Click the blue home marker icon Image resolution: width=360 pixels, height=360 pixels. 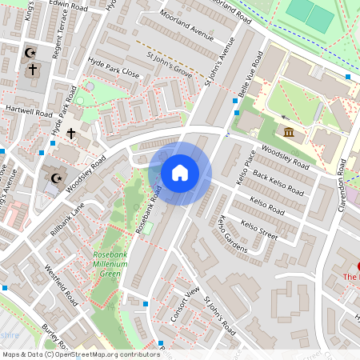point(180,173)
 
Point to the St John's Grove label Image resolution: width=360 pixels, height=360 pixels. point(170,66)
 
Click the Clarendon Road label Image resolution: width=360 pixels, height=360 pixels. point(344,186)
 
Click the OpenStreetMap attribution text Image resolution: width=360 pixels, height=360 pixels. point(80,354)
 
